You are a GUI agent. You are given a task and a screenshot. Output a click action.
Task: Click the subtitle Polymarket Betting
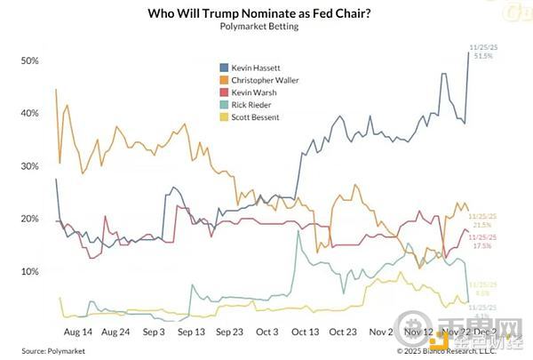click(x=258, y=28)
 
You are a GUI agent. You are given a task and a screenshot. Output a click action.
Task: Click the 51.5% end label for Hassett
click(x=483, y=56)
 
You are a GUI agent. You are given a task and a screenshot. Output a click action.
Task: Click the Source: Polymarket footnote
click(x=46, y=350)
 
